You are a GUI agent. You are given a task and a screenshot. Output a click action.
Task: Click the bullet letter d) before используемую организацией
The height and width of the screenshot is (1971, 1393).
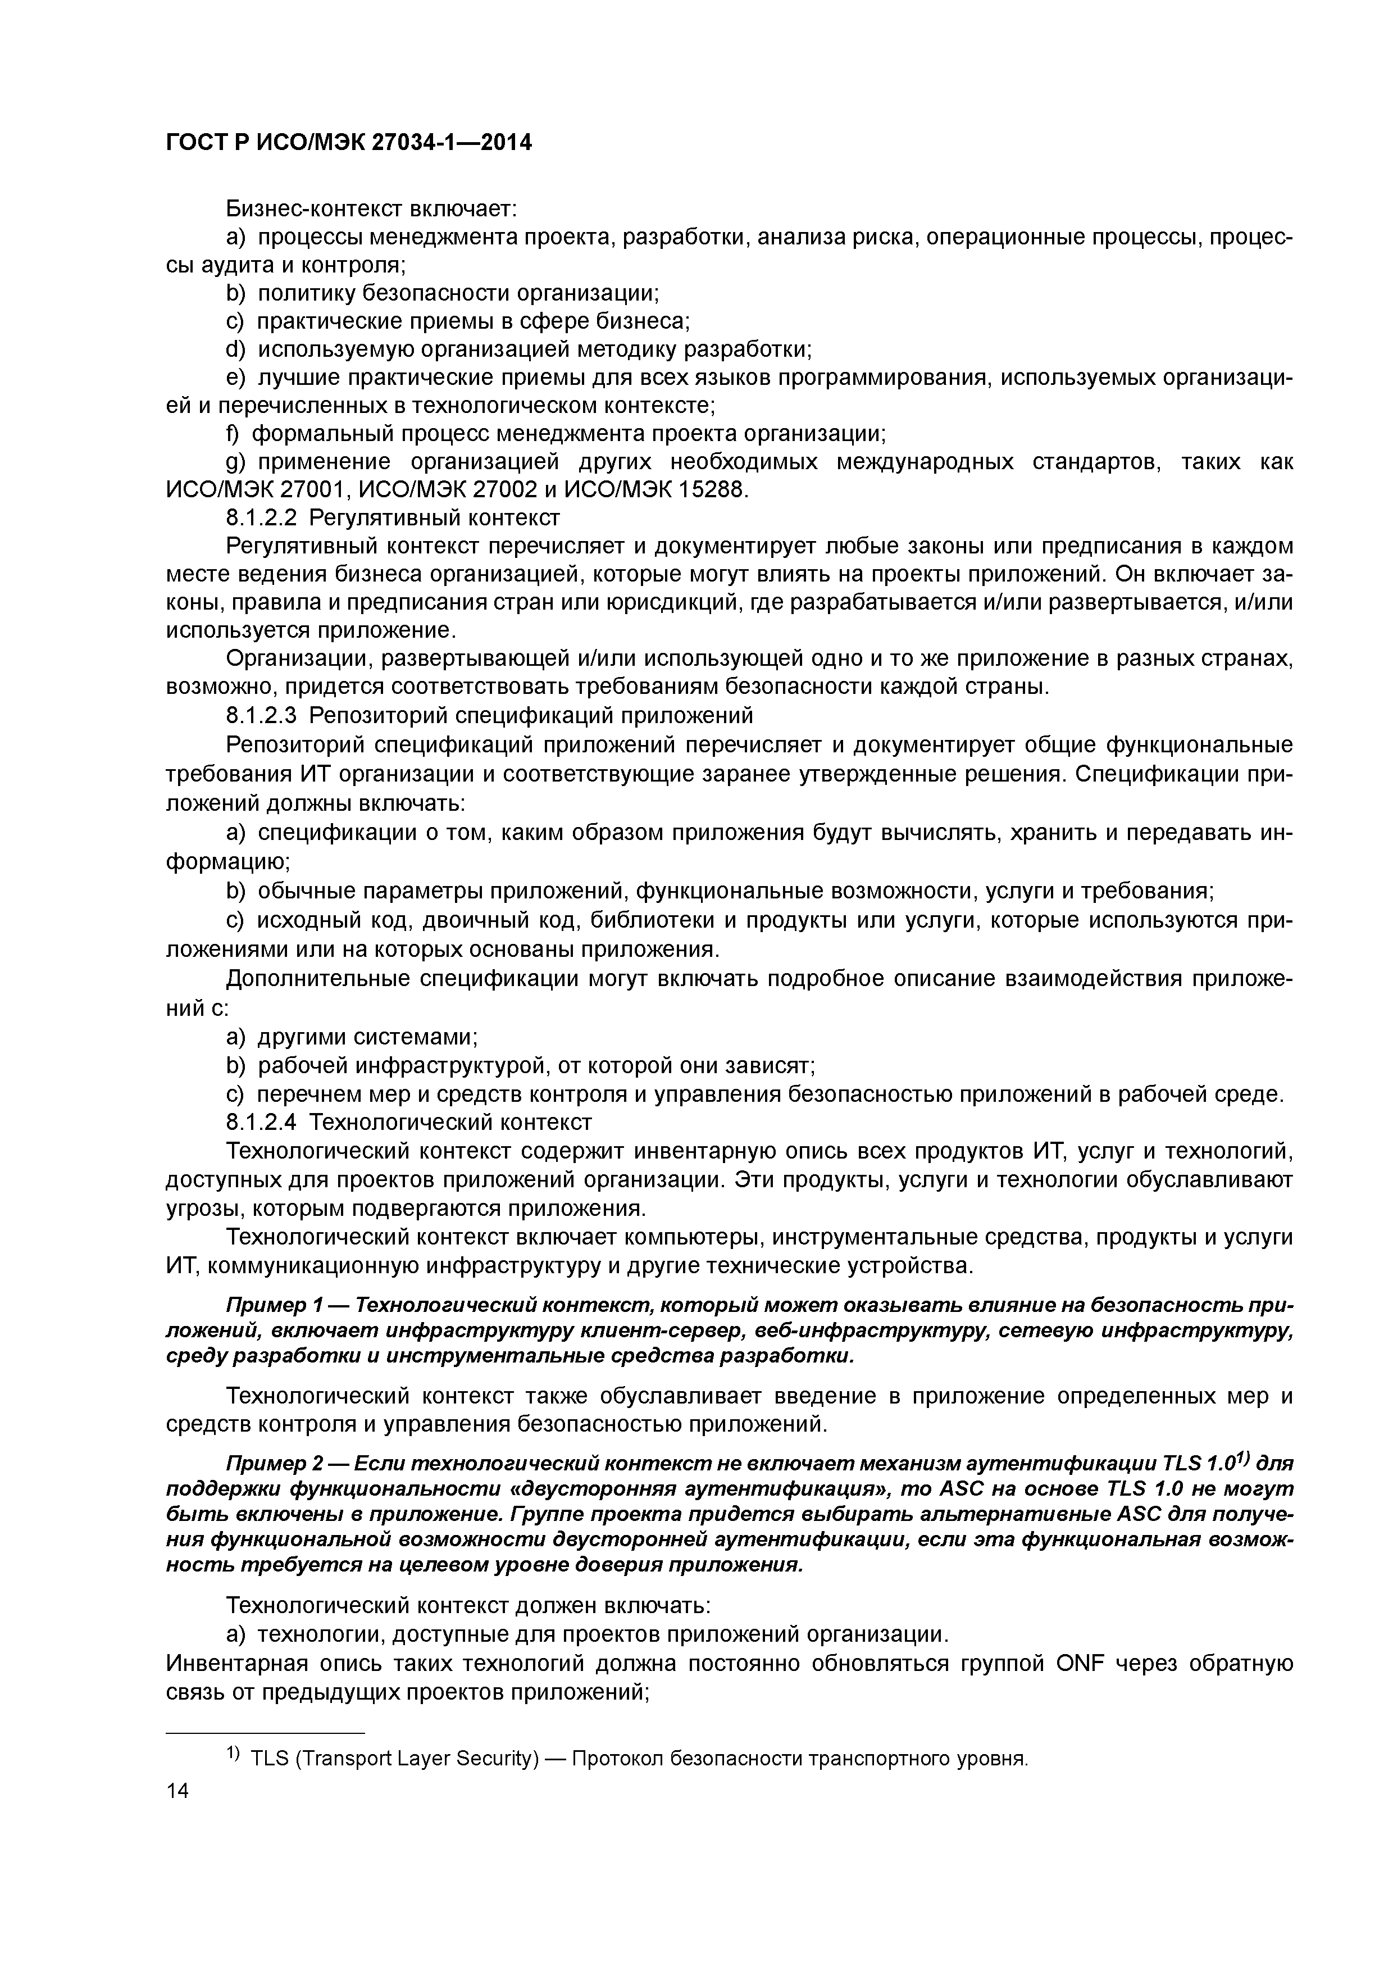coord(234,349)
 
